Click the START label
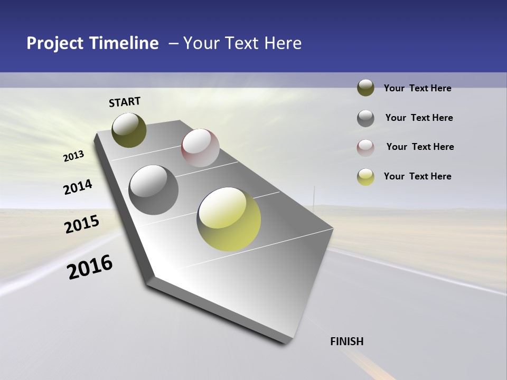pyautogui.click(x=125, y=102)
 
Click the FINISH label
pyautogui.click(x=346, y=341)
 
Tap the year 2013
pyautogui.click(x=73, y=156)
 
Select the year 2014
pyautogui.click(x=78, y=187)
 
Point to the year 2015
pyautogui.click(x=82, y=224)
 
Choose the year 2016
pyautogui.click(x=90, y=267)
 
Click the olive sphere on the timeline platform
pyautogui.click(x=129, y=130)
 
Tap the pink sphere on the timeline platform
pyautogui.click(x=200, y=147)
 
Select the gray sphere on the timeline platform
pyautogui.click(x=153, y=189)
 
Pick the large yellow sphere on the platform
pyautogui.click(x=229, y=219)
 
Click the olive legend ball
pyautogui.click(x=365, y=88)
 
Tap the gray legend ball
pyautogui.click(x=365, y=118)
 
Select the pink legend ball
pyautogui.click(x=365, y=147)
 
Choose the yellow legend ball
pyautogui.click(x=365, y=177)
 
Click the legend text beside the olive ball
pyautogui.click(x=417, y=88)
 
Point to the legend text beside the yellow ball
pyautogui.click(x=417, y=176)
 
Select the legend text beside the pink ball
pyautogui.click(x=420, y=147)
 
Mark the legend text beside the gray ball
pyautogui.click(x=419, y=118)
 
